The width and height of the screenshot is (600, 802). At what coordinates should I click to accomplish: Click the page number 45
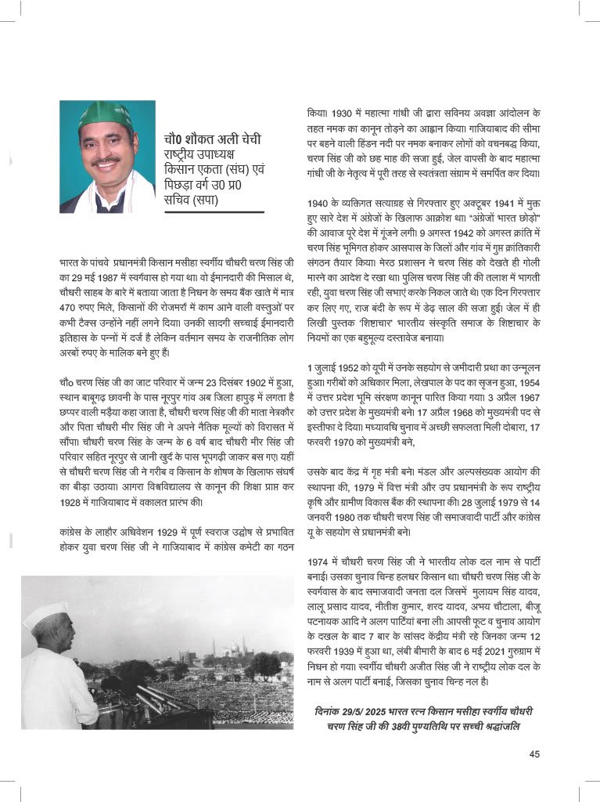click(x=534, y=754)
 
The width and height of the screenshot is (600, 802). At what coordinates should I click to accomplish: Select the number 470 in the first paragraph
click(x=70, y=307)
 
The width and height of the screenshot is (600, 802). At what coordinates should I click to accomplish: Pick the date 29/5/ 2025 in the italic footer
click(x=361, y=711)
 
